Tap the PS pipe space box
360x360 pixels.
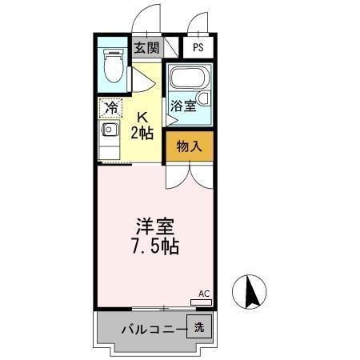(x=198, y=47)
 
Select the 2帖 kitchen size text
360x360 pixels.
(x=144, y=133)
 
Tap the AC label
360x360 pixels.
(x=203, y=294)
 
